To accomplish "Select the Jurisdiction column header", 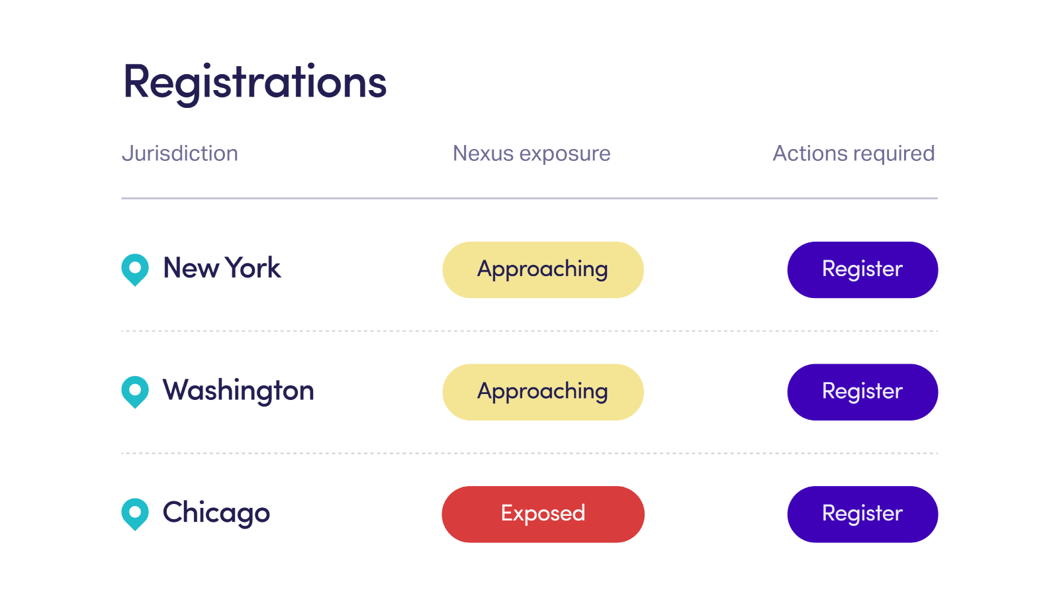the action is (180, 154).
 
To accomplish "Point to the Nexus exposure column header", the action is (531, 154).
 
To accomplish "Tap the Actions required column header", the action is (854, 154).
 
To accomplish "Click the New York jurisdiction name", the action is (222, 268).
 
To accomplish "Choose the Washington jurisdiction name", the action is (238, 391).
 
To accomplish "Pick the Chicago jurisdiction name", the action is (216, 513).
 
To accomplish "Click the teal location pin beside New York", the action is (135, 269).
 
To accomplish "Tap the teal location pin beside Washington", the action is (135, 391).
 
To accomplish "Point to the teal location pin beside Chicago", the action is (135, 514).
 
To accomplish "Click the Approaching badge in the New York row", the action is (543, 270).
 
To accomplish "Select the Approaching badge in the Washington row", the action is (543, 392).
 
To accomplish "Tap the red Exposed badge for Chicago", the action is (543, 514).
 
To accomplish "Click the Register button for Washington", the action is (863, 392).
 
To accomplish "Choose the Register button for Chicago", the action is (863, 514).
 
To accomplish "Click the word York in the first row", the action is (252, 268).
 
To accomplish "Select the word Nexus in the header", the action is (483, 154).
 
